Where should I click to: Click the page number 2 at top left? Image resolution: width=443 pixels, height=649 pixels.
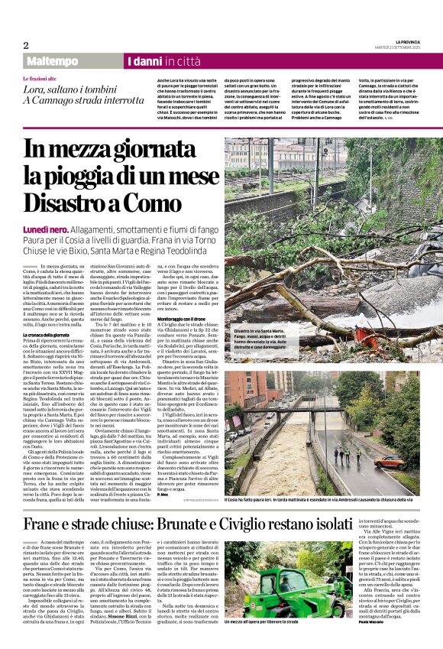pyautogui.click(x=26, y=44)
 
